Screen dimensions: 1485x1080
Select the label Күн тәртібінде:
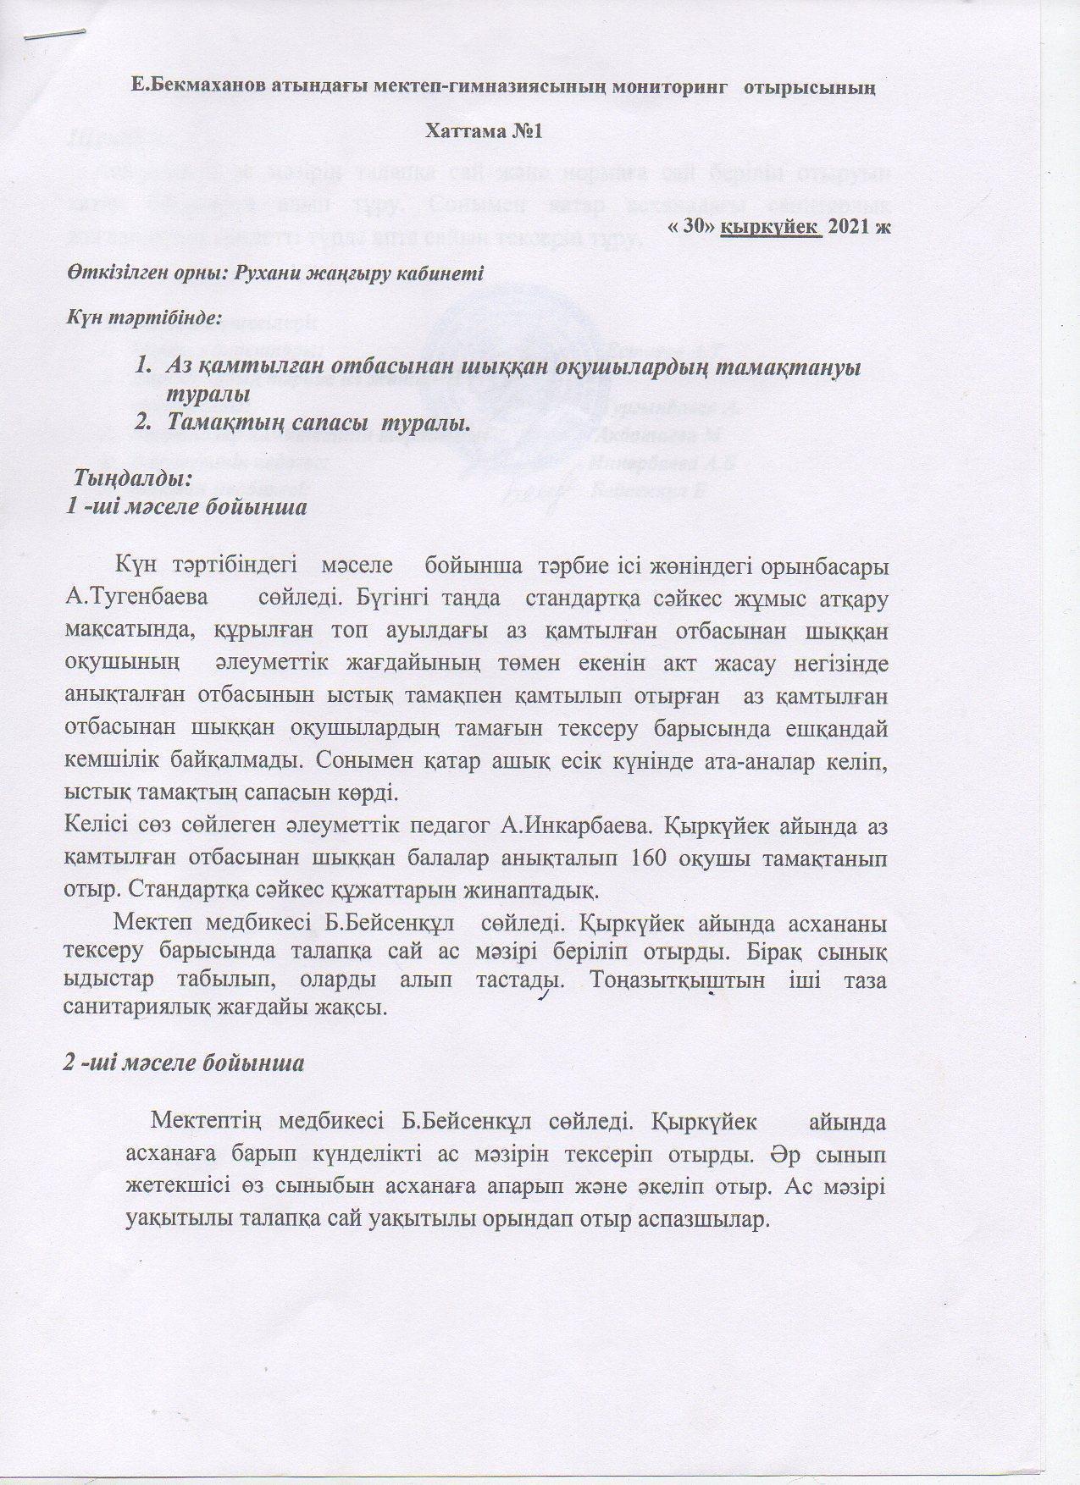pos(143,320)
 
